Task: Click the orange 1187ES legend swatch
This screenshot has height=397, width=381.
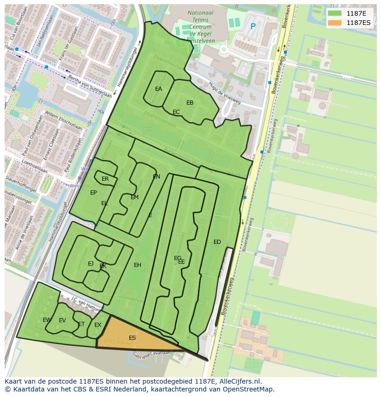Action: click(335, 22)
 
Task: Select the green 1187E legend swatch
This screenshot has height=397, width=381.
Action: click(335, 13)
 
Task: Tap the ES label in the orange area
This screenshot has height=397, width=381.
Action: click(132, 338)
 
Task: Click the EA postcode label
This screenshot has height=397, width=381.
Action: click(158, 89)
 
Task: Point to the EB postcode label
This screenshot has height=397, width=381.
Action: click(190, 103)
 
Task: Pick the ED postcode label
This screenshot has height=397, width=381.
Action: click(217, 242)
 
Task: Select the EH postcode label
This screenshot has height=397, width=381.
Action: click(138, 265)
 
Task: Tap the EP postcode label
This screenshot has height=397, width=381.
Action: click(93, 193)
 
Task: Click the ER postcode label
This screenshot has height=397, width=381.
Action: click(105, 179)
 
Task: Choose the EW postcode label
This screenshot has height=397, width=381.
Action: click(47, 320)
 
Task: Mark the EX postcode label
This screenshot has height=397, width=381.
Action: click(98, 325)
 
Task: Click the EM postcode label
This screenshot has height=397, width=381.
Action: click(134, 197)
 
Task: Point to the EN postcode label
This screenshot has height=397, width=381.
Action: click(156, 177)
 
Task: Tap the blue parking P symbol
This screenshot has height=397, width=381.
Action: click(253, 27)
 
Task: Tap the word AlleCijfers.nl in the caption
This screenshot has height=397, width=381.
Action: click(239, 381)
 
